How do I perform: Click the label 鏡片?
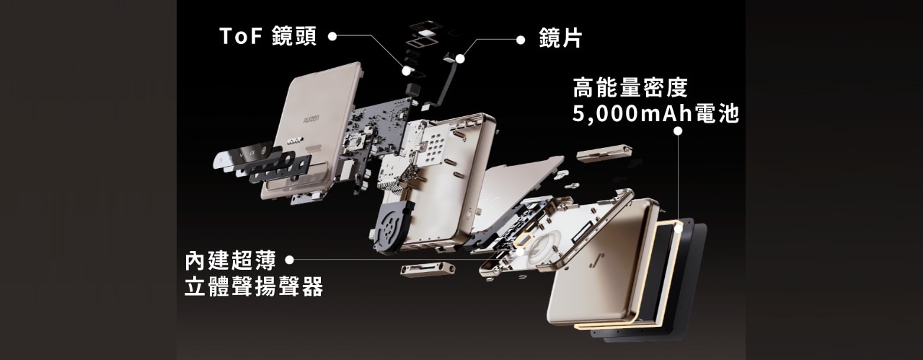[560, 40]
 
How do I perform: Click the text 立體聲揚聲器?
[253, 286]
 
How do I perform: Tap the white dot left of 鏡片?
[521, 40]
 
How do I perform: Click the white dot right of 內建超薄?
[290, 259]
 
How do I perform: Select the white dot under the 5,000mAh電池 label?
[678, 131]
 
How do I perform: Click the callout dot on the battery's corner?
[678, 228]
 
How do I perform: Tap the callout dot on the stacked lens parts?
[407, 70]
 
